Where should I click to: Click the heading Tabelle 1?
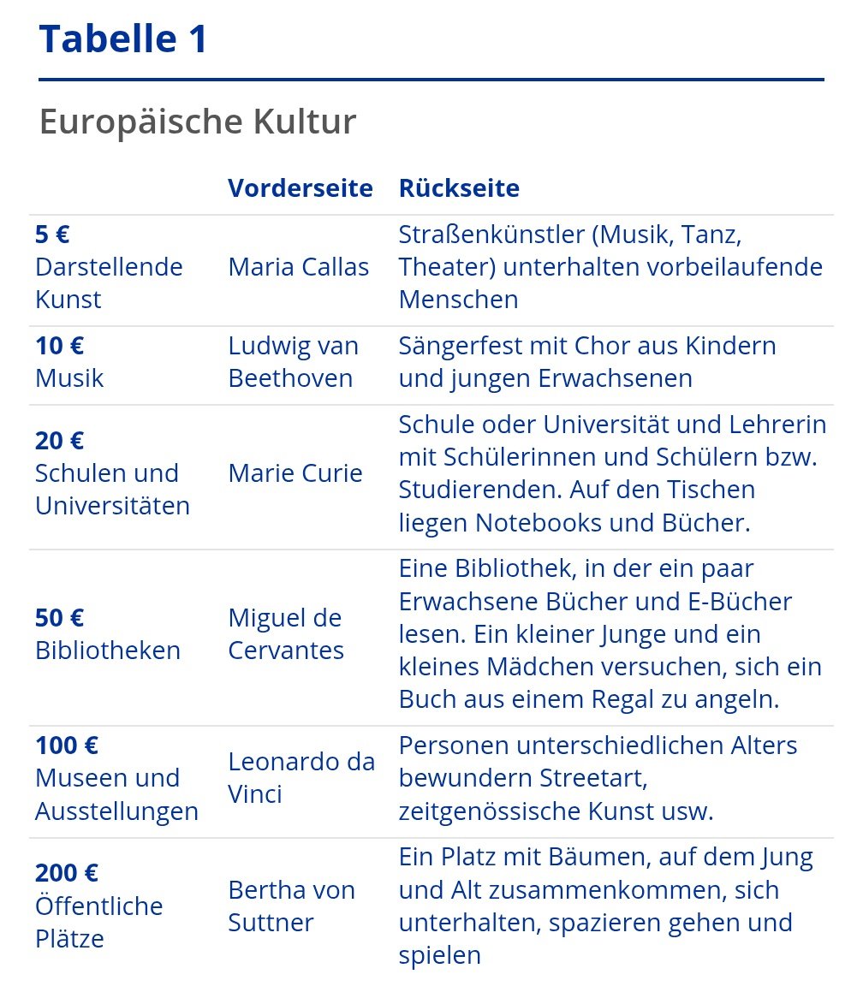point(123,39)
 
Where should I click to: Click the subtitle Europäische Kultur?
point(197,122)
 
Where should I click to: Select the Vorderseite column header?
point(300,188)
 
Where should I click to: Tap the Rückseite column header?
point(459,188)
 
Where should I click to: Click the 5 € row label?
point(52,235)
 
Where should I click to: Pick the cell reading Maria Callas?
point(298,267)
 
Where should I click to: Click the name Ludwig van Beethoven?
point(293,362)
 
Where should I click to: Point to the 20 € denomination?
point(59,441)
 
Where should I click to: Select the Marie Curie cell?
point(295,473)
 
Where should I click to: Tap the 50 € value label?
point(59,618)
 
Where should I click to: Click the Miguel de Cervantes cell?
point(285,634)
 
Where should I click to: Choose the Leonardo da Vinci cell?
point(301,778)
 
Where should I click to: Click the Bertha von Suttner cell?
point(291,906)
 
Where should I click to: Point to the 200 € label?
point(67,873)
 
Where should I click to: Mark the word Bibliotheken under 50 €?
point(108,650)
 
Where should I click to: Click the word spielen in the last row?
point(440,955)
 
